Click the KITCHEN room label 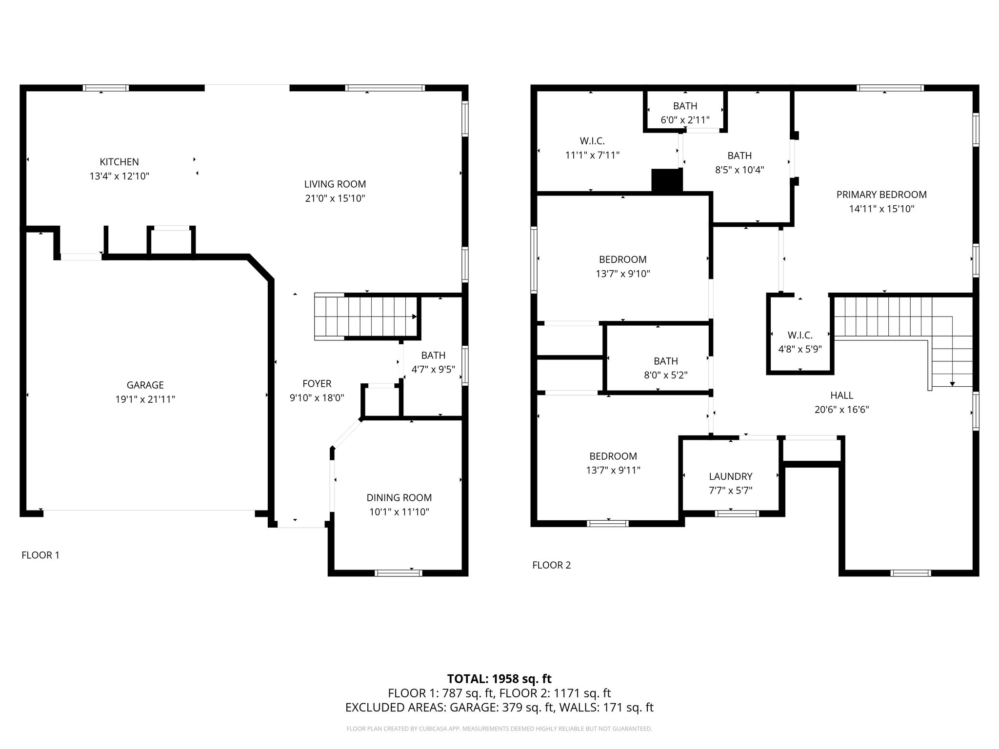pyautogui.click(x=119, y=162)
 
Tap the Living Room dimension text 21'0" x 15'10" pyautogui.click(x=335, y=198)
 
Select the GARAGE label pyautogui.click(x=145, y=385)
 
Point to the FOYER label pyautogui.click(x=317, y=384)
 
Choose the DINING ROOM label pyautogui.click(x=399, y=498)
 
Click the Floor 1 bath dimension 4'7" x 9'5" pyautogui.click(x=433, y=370)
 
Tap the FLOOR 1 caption pyautogui.click(x=40, y=555)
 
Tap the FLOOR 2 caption pyautogui.click(x=551, y=565)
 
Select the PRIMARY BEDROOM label pyautogui.click(x=881, y=195)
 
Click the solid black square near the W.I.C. pyautogui.click(x=667, y=180)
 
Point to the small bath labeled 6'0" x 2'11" pyautogui.click(x=685, y=113)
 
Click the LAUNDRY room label pyautogui.click(x=730, y=476)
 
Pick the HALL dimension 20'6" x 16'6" pyautogui.click(x=841, y=410)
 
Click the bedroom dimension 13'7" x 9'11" pyautogui.click(x=613, y=471)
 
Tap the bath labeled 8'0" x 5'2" pyautogui.click(x=665, y=368)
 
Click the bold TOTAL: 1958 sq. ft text pyautogui.click(x=499, y=679)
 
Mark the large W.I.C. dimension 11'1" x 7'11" pyautogui.click(x=592, y=155)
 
